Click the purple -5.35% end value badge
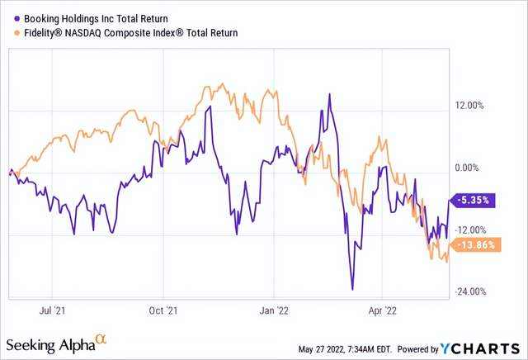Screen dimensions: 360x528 (x=474, y=200)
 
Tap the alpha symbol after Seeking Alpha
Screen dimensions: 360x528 (x=101, y=339)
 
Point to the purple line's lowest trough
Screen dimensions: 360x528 (x=352, y=289)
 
